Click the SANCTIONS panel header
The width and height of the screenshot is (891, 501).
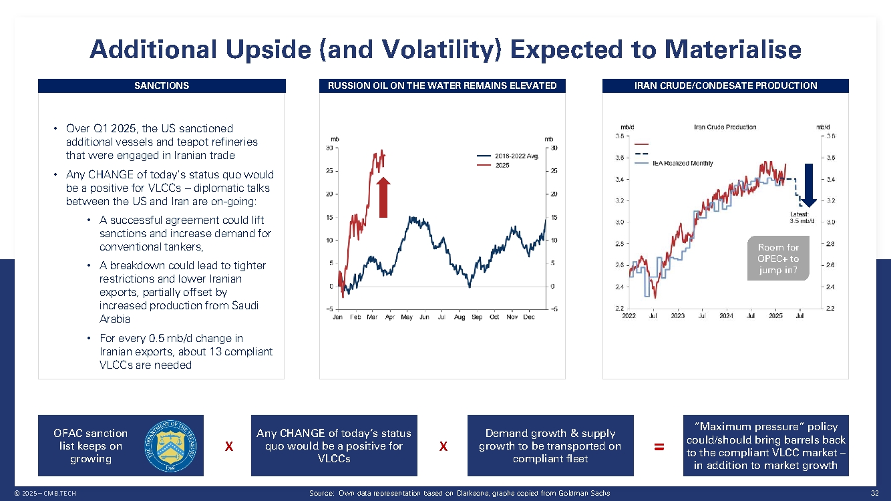tap(162, 86)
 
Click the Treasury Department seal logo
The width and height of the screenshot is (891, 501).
tap(167, 446)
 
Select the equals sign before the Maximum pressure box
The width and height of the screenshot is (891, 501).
tap(659, 447)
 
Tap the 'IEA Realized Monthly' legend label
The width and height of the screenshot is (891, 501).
tap(683, 163)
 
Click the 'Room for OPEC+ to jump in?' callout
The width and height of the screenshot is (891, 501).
tap(778, 259)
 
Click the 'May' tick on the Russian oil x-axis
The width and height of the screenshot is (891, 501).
tap(407, 317)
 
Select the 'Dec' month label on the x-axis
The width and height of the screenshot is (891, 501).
tap(529, 317)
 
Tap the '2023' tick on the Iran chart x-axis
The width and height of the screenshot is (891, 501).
tap(677, 315)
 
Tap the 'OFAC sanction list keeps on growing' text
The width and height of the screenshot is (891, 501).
tap(91, 446)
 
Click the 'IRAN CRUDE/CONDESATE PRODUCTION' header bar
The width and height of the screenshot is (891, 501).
tap(725, 86)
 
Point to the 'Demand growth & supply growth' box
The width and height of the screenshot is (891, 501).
tap(550, 446)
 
